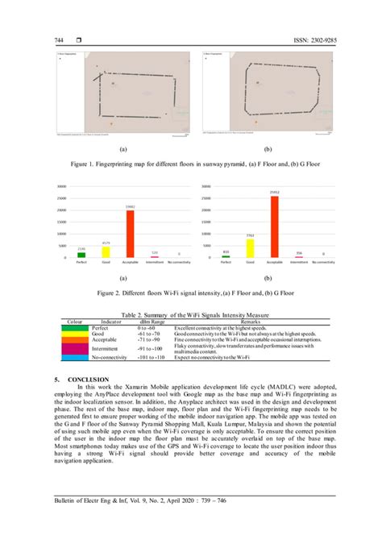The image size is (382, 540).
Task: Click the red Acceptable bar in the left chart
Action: tap(130, 234)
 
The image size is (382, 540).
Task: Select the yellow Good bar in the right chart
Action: tap(250, 248)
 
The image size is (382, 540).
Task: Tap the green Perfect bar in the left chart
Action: tap(81, 255)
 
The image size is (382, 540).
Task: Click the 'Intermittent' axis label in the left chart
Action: tap(154, 263)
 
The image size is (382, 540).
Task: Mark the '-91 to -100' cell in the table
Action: tap(149, 348)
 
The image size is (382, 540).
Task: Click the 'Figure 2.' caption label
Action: tap(110, 294)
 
